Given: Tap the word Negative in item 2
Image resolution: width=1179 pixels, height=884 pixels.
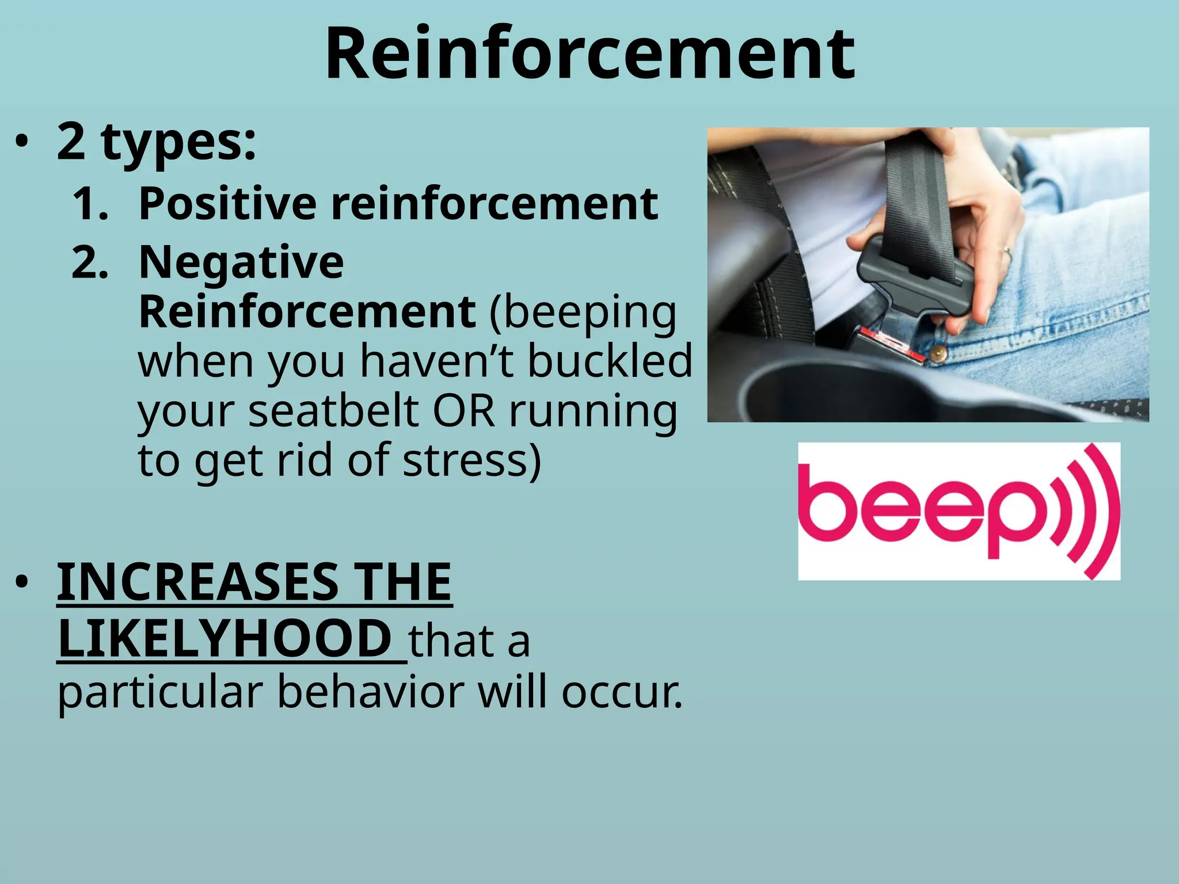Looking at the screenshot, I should pos(241,262).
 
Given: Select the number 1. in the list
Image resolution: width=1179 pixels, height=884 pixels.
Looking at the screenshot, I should pos(90,204).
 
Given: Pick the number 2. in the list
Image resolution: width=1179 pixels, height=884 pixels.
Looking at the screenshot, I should pos(90,264).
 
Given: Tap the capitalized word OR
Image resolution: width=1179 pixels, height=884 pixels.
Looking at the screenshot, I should pos(464,411).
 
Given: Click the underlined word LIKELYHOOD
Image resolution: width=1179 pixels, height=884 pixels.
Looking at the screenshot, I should pos(225,639).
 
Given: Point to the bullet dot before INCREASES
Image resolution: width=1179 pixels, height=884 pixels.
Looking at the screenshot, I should pos(22,582).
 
